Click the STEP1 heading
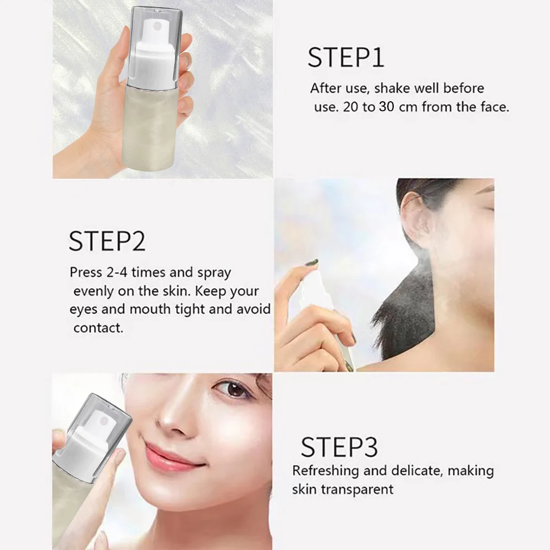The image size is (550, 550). tap(346, 57)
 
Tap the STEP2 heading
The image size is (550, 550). tap(107, 241)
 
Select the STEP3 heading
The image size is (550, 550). tap(339, 447)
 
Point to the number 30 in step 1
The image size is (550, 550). tap(387, 107)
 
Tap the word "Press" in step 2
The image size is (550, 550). tap(86, 272)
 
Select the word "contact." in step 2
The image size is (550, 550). tap(98, 328)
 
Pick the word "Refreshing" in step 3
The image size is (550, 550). tap(326, 471)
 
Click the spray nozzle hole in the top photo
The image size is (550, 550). tap(158, 26)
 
